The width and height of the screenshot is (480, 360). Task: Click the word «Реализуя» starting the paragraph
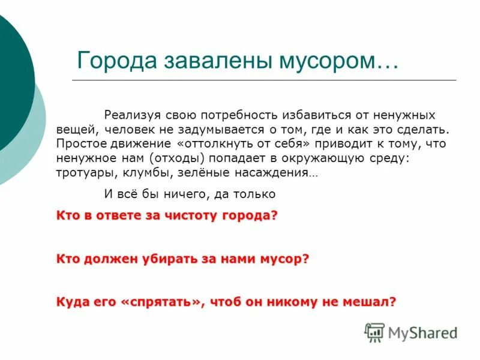pos(131,114)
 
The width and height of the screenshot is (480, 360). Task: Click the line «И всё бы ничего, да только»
pos(190,194)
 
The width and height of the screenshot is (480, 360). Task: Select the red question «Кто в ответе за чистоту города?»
pos(167,216)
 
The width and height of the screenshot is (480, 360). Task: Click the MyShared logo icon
pos(374,332)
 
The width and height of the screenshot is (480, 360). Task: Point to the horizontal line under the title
pos(264,80)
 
